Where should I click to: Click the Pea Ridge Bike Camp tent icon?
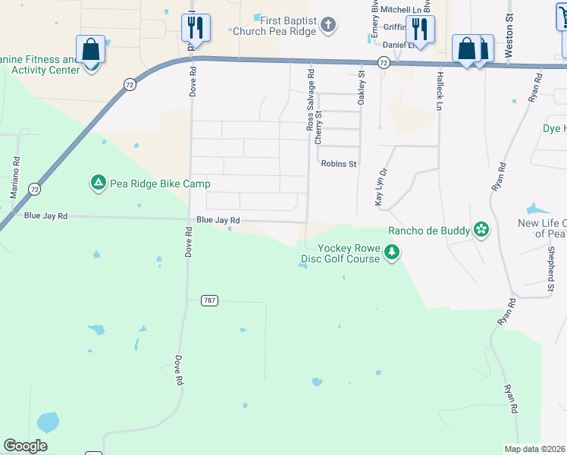pyautogui.click(x=98, y=182)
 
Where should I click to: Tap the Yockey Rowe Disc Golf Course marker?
pyautogui.click(x=391, y=252)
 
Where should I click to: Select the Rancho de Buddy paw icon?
pyautogui.click(x=481, y=228)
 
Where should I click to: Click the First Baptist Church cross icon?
pyautogui.click(x=328, y=26)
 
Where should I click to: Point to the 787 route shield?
pyautogui.click(x=210, y=300)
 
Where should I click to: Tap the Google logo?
pyautogui.click(x=25, y=446)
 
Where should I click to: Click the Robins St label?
pyautogui.click(x=338, y=163)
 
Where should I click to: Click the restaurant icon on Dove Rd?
pyautogui.click(x=196, y=28)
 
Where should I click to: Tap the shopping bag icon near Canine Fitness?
pyautogui.click(x=90, y=50)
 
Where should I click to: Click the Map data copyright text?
pyautogui.click(x=535, y=449)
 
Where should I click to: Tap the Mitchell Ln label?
pyautogui.click(x=399, y=9)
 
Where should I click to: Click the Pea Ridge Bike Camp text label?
pyautogui.click(x=148, y=182)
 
